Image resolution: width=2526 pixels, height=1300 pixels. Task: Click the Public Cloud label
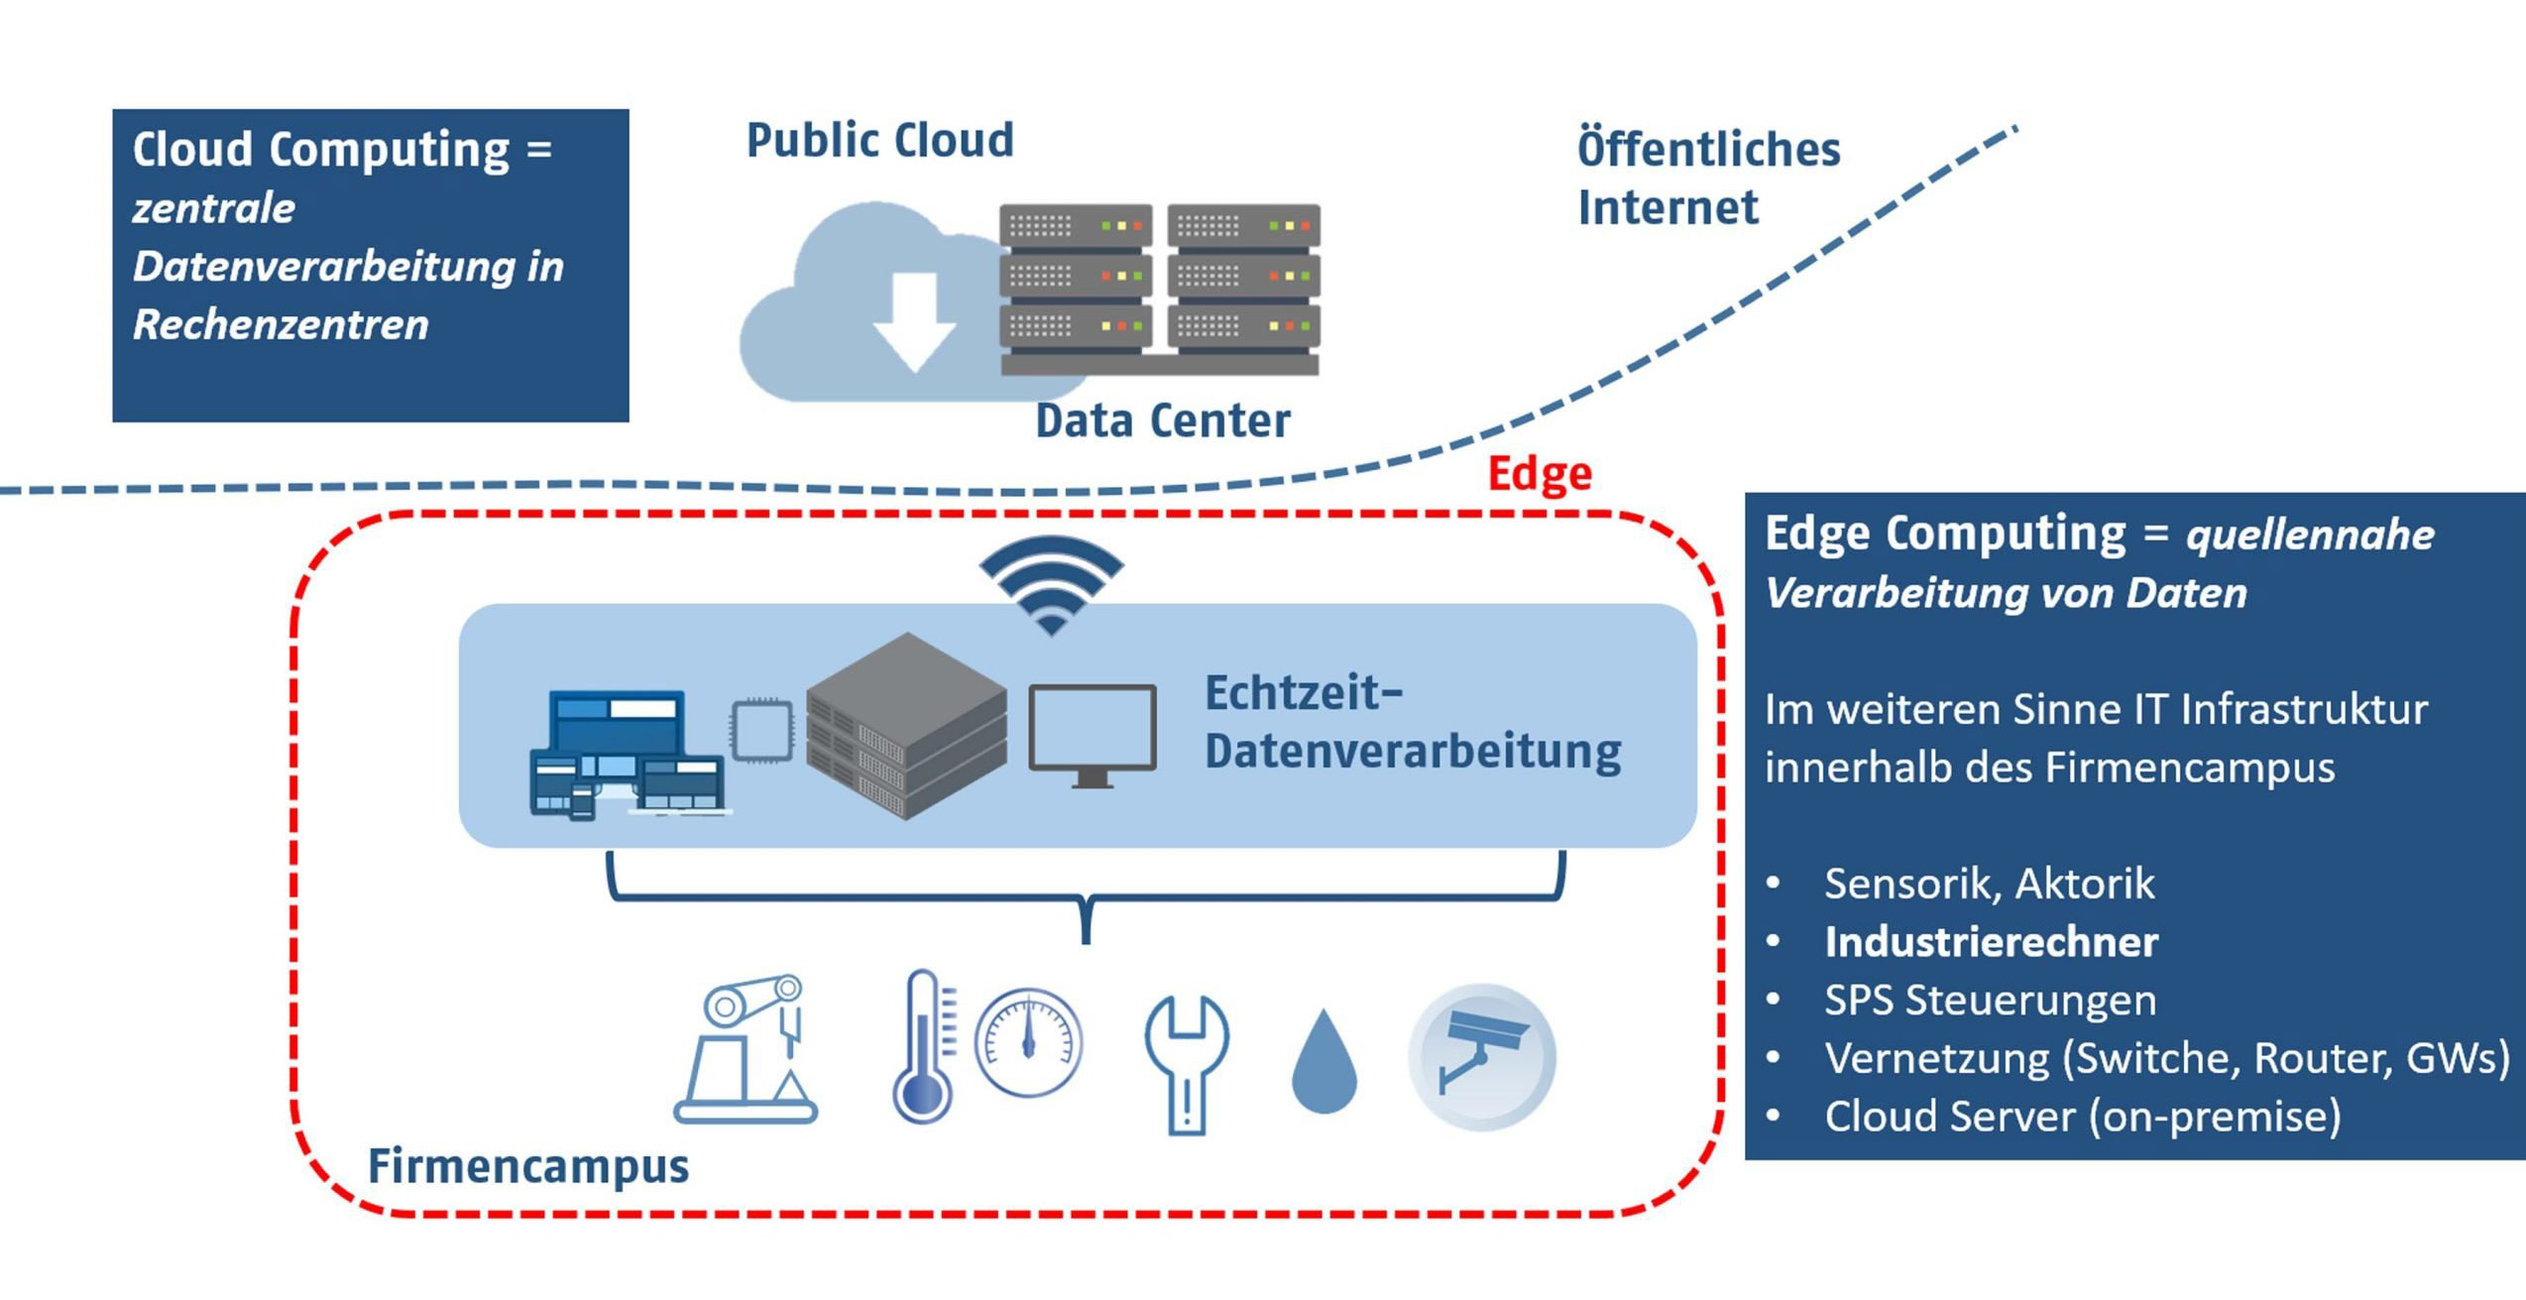click(x=879, y=140)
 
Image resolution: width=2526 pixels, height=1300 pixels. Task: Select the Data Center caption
click(x=1162, y=421)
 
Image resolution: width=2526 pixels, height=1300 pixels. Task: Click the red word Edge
click(x=1539, y=473)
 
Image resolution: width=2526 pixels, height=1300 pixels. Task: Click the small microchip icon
click(x=761, y=731)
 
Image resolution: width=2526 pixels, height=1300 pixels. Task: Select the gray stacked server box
click(x=905, y=726)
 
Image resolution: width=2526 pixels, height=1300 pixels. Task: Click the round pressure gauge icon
click(x=1028, y=1042)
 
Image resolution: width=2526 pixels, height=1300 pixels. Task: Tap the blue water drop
click(x=1323, y=1063)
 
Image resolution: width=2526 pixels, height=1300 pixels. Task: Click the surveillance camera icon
click(x=1481, y=1057)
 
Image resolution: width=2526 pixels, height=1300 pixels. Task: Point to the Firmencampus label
click(x=527, y=1166)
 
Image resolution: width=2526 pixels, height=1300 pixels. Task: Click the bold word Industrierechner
click(x=1991, y=942)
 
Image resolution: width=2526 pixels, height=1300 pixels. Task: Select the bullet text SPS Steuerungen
click(x=1990, y=1001)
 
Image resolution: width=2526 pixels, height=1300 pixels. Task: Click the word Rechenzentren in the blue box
click(x=281, y=325)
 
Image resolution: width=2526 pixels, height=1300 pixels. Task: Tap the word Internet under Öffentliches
click(x=1666, y=208)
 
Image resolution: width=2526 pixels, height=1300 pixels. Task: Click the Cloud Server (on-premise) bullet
click(x=2082, y=1118)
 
